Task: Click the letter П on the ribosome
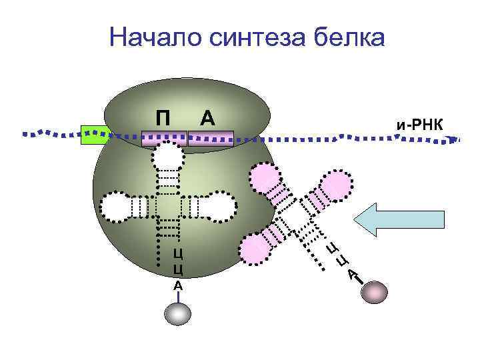click(162, 118)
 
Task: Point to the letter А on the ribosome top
click(207, 118)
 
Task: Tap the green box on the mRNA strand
click(94, 134)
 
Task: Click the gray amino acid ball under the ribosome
click(178, 314)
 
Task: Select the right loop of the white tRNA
click(219, 206)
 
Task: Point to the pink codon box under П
click(165, 139)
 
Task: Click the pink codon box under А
click(211, 139)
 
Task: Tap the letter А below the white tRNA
click(178, 285)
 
